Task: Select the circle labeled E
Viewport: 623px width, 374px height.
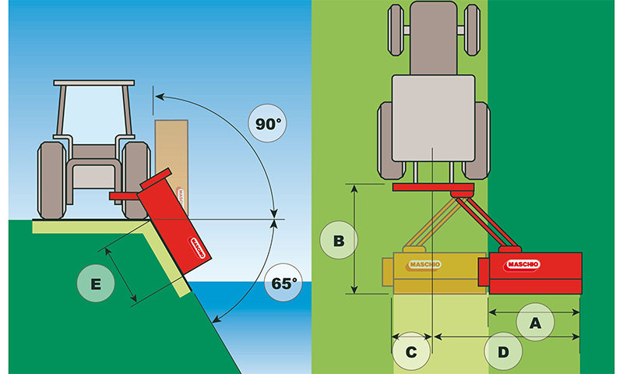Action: click(x=95, y=285)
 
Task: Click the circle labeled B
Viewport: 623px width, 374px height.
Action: click(x=339, y=241)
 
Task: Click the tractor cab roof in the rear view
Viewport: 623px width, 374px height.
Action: click(x=94, y=82)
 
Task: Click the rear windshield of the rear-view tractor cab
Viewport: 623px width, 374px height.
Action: click(x=93, y=117)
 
